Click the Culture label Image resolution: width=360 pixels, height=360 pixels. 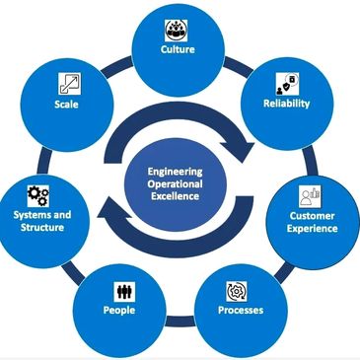(178, 49)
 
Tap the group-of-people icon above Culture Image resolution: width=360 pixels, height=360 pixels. (176, 31)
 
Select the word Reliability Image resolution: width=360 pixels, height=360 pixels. (286, 104)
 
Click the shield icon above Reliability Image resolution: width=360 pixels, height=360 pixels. (287, 84)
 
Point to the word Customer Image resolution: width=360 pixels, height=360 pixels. (312, 216)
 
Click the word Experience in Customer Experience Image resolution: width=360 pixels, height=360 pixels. (312, 229)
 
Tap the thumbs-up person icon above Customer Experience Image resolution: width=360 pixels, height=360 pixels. (310, 196)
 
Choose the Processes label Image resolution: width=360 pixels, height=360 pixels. (241, 310)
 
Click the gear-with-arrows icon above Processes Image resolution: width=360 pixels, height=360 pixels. (237, 292)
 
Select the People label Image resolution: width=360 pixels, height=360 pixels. (119, 310)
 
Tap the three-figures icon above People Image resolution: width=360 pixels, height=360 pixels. (124, 292)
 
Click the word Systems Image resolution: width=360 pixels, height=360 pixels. (29, 215)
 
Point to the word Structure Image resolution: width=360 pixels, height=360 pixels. (42, 227)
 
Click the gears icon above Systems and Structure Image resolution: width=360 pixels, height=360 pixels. (38, 196)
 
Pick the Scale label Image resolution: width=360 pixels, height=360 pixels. (66, 105)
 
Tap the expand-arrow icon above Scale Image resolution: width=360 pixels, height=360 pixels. (70, 84)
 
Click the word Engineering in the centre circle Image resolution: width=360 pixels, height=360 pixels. (175, 172)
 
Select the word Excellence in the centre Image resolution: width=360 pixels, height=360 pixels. (175, 196)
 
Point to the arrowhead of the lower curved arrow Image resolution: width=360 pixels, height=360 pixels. (110, 210)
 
